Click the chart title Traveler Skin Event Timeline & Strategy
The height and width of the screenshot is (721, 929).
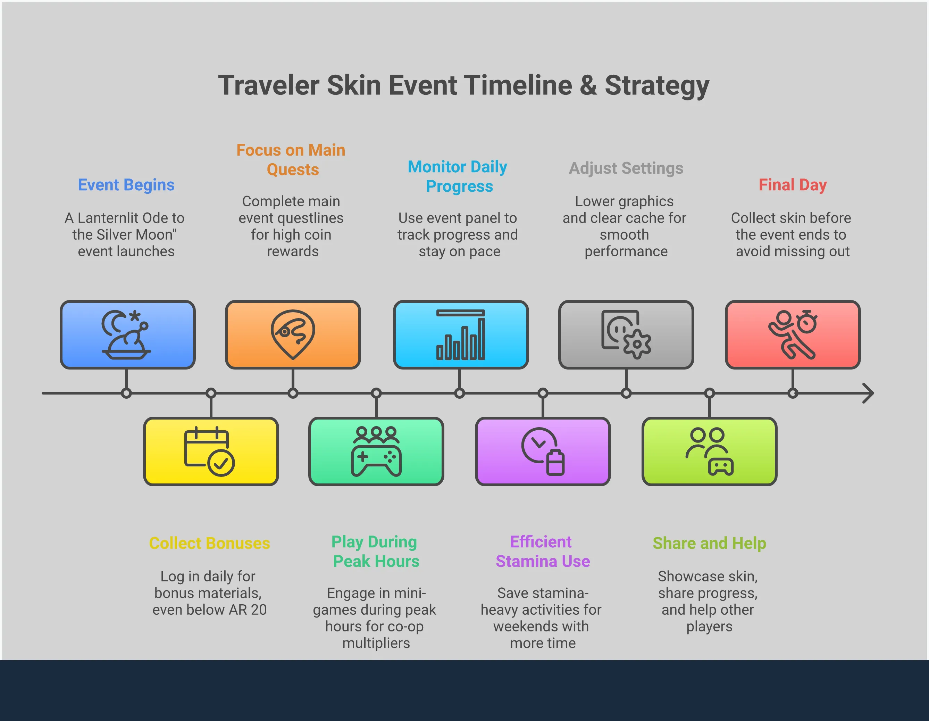pos(464,85)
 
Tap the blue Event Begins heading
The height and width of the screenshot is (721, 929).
pos(126,185)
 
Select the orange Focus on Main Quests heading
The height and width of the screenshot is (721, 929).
pos(291,160)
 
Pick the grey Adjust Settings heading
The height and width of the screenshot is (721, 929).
pos(626,168)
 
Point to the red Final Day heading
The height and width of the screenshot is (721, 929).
pos(793,185)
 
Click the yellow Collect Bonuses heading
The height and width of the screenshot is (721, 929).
pos(210,543)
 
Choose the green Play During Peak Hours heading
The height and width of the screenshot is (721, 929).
pos(375,552)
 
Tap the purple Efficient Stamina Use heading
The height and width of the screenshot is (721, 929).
pos(542,552)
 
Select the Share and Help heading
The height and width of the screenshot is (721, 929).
pos(710,543)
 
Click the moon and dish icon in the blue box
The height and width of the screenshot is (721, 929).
pos(126,334)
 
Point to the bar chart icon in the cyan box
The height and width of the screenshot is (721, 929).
pos(460,334)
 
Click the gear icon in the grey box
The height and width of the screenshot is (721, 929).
pos(637,343)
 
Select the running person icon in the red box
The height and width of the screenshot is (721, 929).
pos(792,334)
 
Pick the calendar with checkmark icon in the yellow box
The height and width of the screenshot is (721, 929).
pos(209,451)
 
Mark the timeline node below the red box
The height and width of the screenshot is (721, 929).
pos(793,393)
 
